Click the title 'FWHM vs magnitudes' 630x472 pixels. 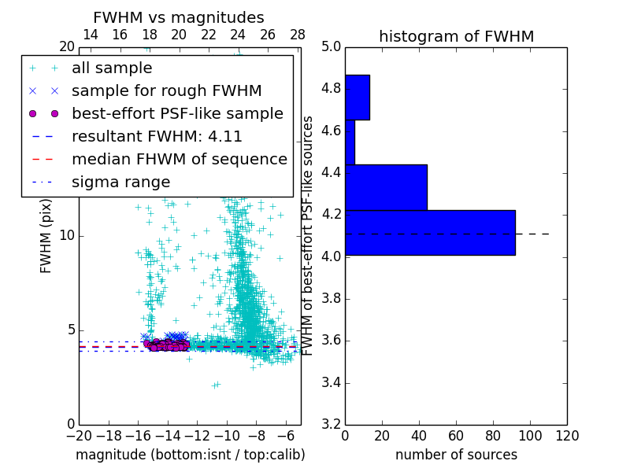pyautogui.click(x=179, y=18)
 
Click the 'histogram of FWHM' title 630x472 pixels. pyautogui.click(x=456, y=36)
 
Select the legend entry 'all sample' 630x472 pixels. pyautogui.click(x=112, y=68)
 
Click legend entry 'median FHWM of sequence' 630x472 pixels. pyautogui.click(x=179, y=160)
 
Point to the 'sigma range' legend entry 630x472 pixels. pyautogui.click(x=120, y=183)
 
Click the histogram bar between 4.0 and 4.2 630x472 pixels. pyautogui.click(x=430, y=233)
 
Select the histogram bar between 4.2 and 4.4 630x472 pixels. pyautogui.click(x=386, y=187)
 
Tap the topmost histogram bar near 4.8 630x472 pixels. pyautogui.click(x=358, y=98)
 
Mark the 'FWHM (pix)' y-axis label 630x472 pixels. pyautogui.click(x=46, y=236)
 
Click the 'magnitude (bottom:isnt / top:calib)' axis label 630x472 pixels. pyautogui.click(x=190, y=455)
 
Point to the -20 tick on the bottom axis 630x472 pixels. pyautogui.click(x=79, y=436)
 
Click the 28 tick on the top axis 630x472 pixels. pyautogui.click(x=298, y=35)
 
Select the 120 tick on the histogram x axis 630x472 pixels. pyautogui.click(x=567, y=435)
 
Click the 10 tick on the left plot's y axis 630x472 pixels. pyautogui.click(x=66, y=236)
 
